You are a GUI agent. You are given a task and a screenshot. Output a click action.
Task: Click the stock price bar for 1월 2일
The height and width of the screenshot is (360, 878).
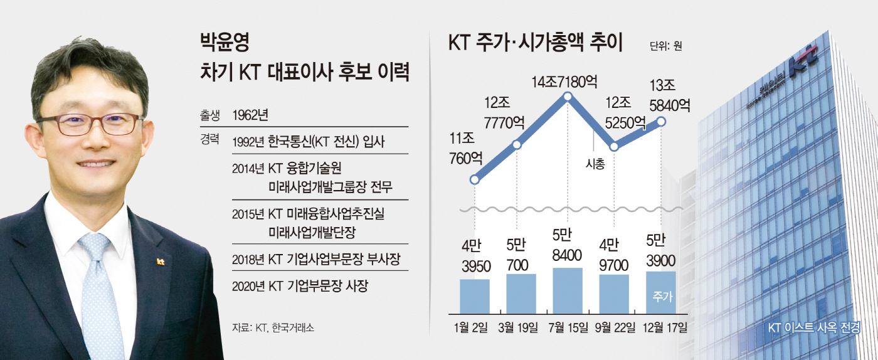[474, 296]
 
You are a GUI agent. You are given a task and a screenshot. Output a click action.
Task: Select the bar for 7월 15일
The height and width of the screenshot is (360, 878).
[567, 290]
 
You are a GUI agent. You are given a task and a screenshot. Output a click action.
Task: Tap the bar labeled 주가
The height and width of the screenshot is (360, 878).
[660, 292]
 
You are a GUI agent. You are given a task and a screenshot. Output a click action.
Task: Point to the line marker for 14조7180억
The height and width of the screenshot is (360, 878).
[567, 97]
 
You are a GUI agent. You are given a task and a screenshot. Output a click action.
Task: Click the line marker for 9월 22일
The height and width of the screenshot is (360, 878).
[614, 147]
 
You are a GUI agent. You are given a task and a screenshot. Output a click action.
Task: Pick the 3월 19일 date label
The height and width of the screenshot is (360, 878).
[521, 327]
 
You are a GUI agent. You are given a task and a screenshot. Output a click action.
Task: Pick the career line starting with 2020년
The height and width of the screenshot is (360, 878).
[299, 286]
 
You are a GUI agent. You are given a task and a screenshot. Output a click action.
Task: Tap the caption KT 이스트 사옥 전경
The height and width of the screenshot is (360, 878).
[813, 327]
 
